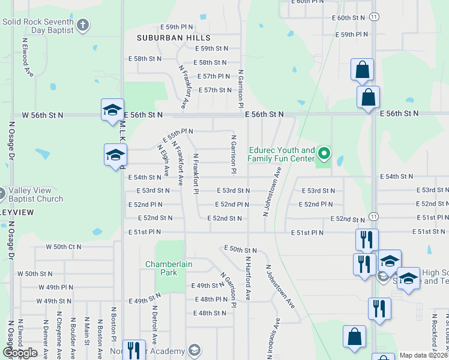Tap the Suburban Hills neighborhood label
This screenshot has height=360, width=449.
pos(166,38)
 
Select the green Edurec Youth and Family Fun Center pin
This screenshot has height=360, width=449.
pos(324,154)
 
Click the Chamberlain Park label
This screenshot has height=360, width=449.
pos(161,268)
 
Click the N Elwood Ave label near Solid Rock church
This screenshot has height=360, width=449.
pos(28,57)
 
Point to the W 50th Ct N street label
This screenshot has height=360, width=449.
pos(64,247)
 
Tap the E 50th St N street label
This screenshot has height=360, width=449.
pos(240,248)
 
